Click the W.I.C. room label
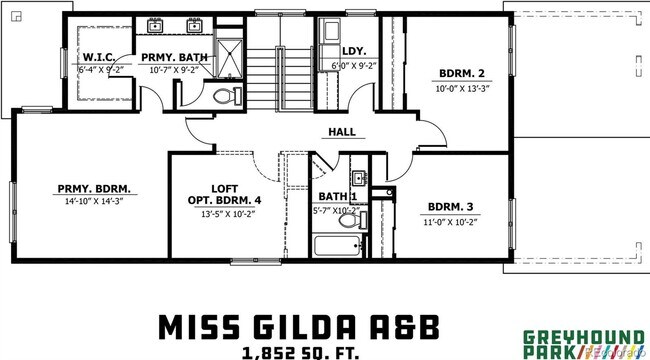[102, 57]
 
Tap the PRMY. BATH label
[173, 57]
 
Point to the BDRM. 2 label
[461, 73]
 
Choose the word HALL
[343, 131]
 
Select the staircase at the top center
[279, 70]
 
